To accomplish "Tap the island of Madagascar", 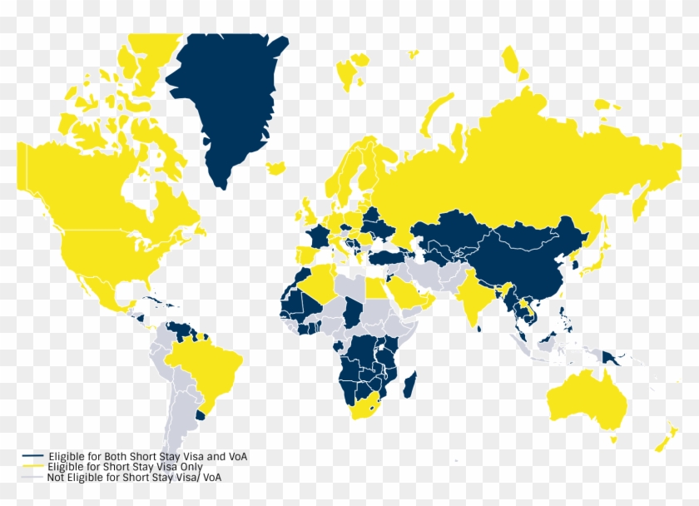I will [409, 384].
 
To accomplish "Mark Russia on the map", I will [533, 158].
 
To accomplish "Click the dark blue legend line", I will [32, 457].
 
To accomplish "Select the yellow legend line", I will [32, 467].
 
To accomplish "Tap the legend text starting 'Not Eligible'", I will [134, 477].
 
